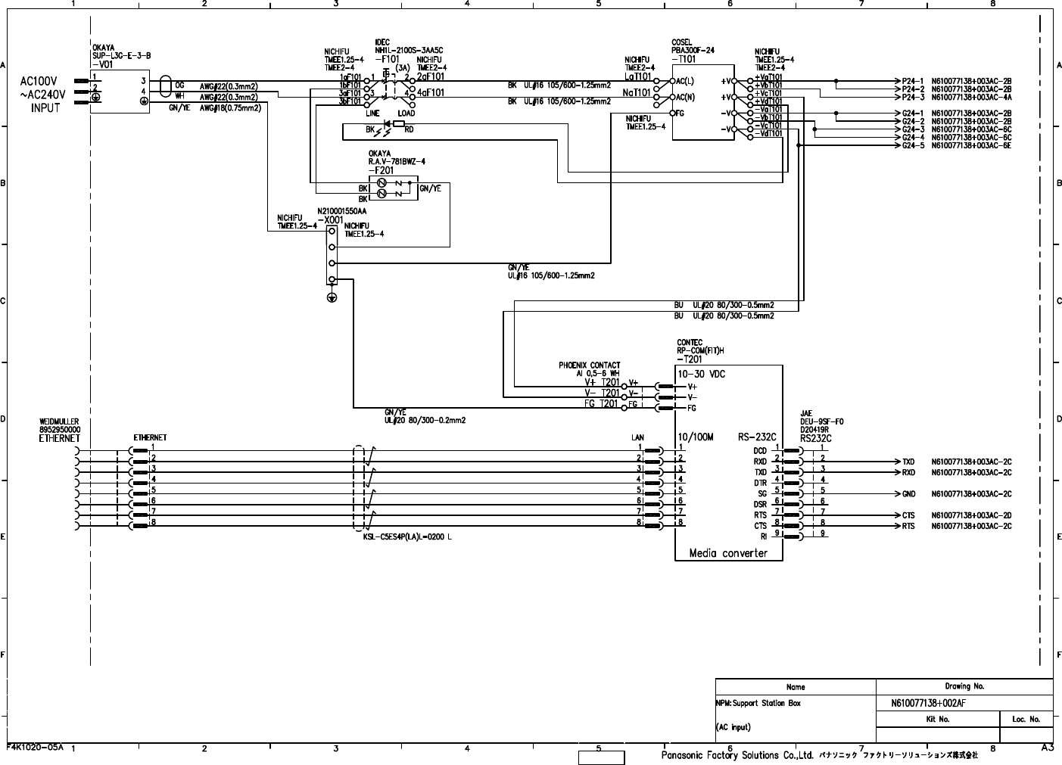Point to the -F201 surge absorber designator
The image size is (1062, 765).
pos(381,170)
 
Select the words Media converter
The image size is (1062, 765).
pos(727,553)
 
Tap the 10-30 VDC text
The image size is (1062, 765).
pos(701,374)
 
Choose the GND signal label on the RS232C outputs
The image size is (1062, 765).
pos(908,494)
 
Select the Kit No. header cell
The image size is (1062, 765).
pos(937,720)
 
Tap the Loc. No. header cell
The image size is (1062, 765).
pos(1026,720)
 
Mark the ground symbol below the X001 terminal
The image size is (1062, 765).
pos(332,297)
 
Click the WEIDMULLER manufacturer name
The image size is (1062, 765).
pos(59,421)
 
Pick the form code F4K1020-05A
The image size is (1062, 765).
pos(35,746)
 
